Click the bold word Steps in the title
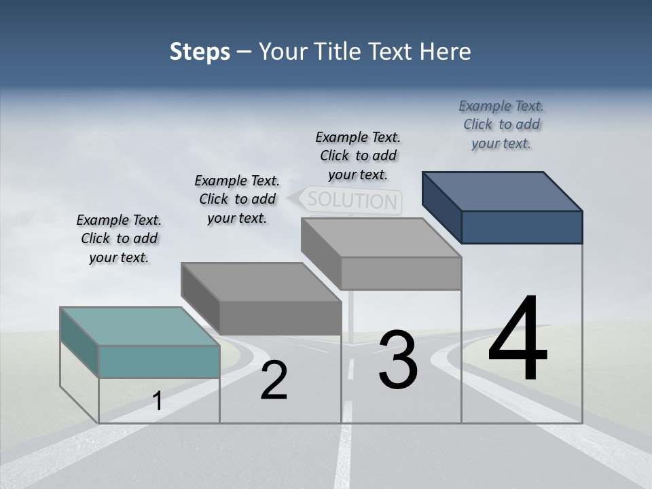coord(200,52)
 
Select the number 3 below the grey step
coord(398,359)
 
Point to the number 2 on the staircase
coord(274,380)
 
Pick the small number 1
coord(158,401)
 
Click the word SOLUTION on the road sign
coord(352,200)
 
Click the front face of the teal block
coord(159,361)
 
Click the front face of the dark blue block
coord(522,227)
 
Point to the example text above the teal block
coord(119,238)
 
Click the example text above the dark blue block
coord(501,124)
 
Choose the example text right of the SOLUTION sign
coord(358,156)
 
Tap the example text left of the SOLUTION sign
coord(237,199)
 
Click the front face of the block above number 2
coord(280,318)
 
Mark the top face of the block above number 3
coord(380,238)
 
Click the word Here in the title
coord(446,52)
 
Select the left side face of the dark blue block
coord(441,207)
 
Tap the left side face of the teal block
coord(79,342)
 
